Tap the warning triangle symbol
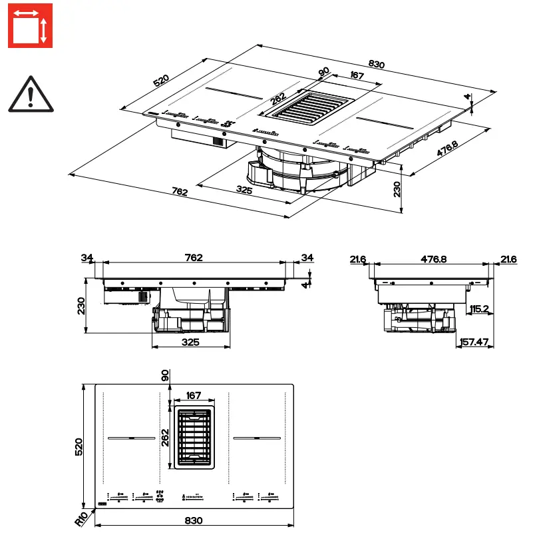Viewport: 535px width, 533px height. click(x=31, y=94)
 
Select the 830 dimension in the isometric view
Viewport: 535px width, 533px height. click(x=376, y=64)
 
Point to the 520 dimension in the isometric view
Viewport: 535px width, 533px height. click(x=162, y=81)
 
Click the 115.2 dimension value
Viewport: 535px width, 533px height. click(x=479, y=309)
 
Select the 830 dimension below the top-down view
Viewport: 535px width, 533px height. click(x=193, y=520)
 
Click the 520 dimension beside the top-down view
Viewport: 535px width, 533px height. click(x=79, y=446)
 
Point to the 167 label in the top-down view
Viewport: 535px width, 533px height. click(x=194, y=396)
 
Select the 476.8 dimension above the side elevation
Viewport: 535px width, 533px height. click(x=433, y=258)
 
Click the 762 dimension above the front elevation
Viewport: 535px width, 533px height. click(x=193, y=258)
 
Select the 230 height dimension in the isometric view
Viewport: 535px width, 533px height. click(x=397, y=191)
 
